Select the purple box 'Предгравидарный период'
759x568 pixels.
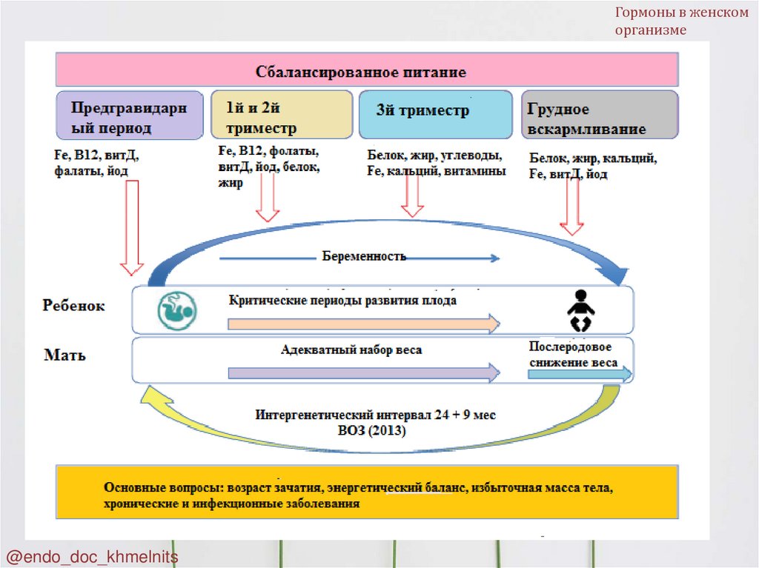pos(130,116)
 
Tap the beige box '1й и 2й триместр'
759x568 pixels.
pos(281,116)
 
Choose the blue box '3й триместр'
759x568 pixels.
pos(435,115)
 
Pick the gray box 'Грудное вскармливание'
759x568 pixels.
pos(600,116)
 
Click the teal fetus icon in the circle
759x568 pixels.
pos(176,310)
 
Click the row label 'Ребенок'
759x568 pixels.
pos(73,306)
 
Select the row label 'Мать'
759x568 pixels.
pos(64,355)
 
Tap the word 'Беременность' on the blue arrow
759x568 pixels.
pos(364,256)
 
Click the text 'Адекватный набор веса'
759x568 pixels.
pos(351,350)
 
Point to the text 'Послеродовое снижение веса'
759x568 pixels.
pos(574,355)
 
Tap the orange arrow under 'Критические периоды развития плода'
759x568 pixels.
pos(363,324)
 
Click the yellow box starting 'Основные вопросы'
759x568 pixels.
pos(367,492)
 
